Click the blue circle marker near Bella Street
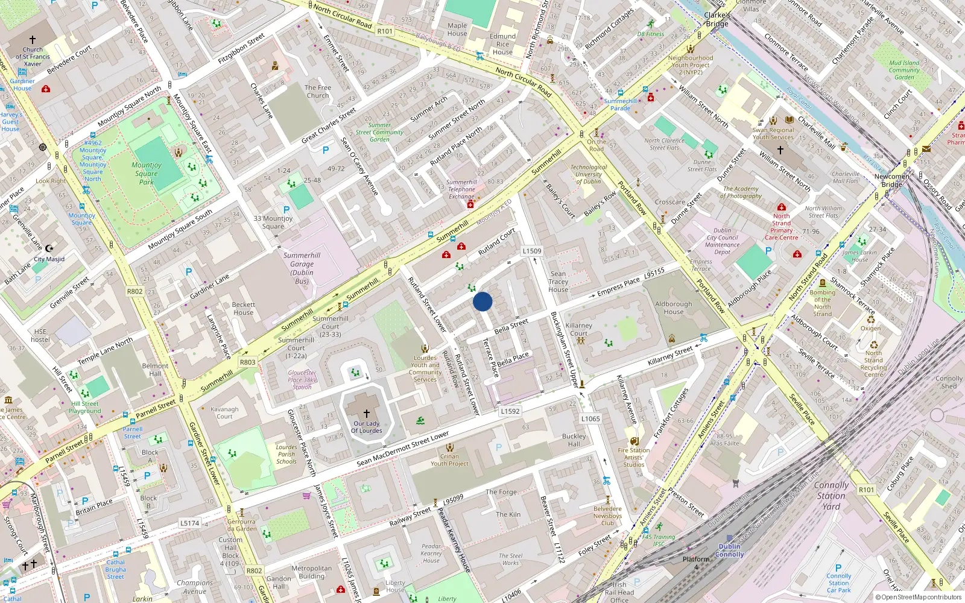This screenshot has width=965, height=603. pyautogui.click(x=482, y=301)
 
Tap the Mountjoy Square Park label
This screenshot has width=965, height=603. pyautogui.click(x=147, y=173)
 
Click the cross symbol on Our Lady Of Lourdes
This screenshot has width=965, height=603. pyautogui.click(x=366, y=414)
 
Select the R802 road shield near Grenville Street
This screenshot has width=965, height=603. pyautogui.click(x=134, y=291)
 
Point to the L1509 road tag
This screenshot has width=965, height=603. pyautogui.click(x=532, y=251)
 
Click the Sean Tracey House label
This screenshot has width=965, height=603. pyautogui.click(x=558, y=282)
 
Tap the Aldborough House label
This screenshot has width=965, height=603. pyautogui.click(x=674, y=308)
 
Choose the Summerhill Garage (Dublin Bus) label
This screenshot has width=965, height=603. pyautogui.click(x=302, y=268)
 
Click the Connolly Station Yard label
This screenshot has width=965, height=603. pyautogui.click(x=831, y=496)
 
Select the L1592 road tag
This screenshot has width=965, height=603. pyautogui.click(x=510, y=411)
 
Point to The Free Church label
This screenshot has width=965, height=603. pyautogui.click(x=318, y=91)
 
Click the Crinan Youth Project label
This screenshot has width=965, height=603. pyautogui.click(x=449, y=460)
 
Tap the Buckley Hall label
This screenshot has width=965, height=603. pyautogui.click(x=574, y=440)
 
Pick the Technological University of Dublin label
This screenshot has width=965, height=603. pyautogui.click(x=589, y=174)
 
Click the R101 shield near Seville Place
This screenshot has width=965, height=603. pyautogui.click(x=866, y=490)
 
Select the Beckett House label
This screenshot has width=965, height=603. pyautogui.click(x=244, y=309)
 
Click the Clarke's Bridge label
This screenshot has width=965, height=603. pyautogui.click(x=717, y=19)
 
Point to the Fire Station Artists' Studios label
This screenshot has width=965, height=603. pyautogui.click(x=634, y=457)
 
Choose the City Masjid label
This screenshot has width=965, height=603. pyautogui.click(x=49, y=259)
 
